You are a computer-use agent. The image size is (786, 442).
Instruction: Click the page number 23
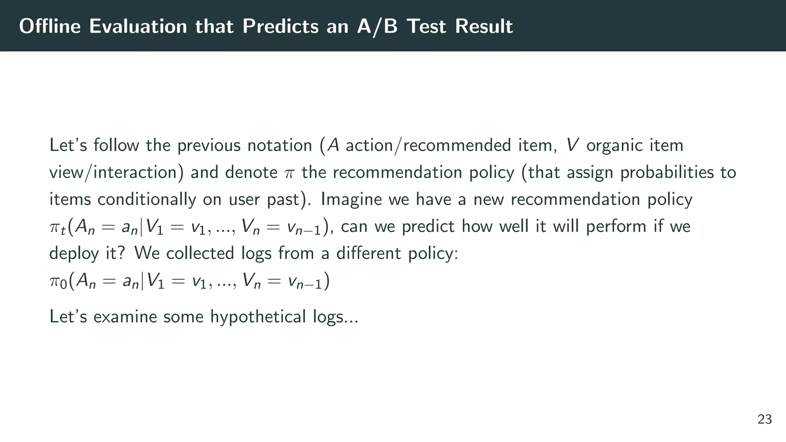point(765,419)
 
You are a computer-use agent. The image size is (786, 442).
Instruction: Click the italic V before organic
point(572,145)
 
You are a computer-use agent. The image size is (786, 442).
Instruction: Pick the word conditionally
point(147,200)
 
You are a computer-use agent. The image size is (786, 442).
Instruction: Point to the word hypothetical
point(258,317)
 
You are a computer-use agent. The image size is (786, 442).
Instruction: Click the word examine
point(125,317)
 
